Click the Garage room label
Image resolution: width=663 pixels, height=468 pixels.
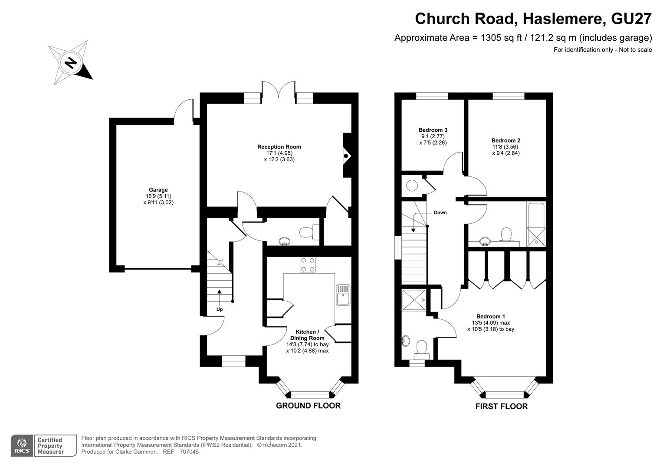[158, 190]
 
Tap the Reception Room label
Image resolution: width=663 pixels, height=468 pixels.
[279, 147]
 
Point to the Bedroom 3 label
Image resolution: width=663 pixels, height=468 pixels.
[433, 130]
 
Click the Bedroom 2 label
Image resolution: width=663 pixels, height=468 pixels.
[505, 140]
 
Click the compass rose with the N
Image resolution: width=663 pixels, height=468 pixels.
[70, 63]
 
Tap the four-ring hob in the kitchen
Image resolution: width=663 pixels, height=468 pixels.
[308, 265]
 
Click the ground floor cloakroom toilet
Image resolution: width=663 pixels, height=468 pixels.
[308, 231]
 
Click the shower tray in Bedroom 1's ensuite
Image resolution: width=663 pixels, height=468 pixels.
[413, 299]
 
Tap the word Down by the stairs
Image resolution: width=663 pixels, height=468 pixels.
[440, 213]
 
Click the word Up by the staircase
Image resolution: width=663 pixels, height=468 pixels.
[220, 309]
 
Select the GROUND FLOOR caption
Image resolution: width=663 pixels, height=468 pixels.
[308, 406]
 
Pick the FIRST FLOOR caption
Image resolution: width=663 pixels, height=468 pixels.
[501, 406]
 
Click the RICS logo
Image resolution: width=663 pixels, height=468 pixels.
[22, 446]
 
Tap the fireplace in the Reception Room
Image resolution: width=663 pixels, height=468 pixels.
[347, 156]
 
